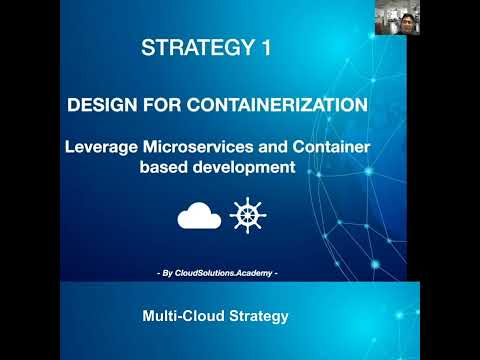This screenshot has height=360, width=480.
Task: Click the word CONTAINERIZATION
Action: [x=283, y=104]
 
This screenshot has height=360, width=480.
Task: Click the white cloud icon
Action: [x=198, y=216]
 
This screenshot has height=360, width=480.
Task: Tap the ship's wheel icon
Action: [x=247, y=215]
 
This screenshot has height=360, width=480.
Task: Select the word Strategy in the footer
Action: [x=257, y=316]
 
